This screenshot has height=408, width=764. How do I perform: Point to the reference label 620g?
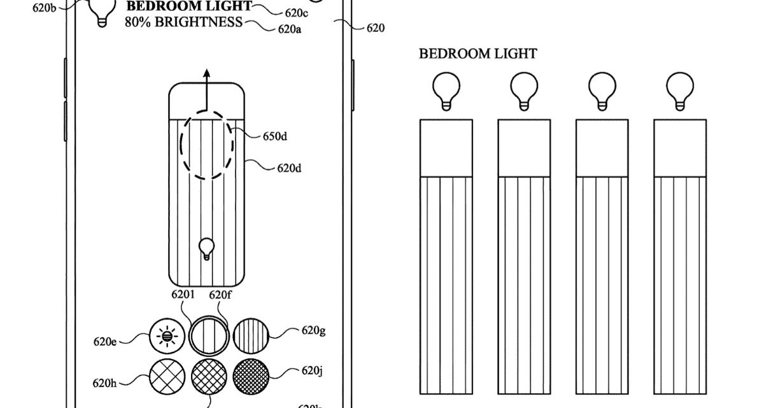tap(315, 331)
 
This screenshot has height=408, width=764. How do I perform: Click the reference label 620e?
tap(105, 342)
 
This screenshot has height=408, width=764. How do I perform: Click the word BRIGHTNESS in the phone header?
tap(201, 22)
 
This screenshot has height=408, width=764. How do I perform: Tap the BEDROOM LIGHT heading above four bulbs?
tap(478, 54)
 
